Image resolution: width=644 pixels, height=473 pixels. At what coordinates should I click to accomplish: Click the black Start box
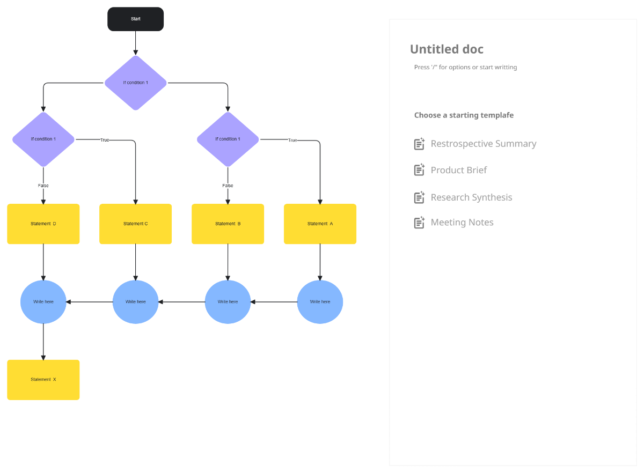135,19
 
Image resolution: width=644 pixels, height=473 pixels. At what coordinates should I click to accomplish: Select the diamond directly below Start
135,83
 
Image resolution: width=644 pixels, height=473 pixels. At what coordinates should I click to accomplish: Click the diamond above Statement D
43,139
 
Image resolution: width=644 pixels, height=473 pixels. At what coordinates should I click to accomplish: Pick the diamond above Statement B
228,139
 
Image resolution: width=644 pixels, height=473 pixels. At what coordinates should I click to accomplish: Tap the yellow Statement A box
320,224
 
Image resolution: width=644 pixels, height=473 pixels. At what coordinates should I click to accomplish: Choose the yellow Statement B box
228,224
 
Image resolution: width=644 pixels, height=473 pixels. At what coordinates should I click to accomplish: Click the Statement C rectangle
135,224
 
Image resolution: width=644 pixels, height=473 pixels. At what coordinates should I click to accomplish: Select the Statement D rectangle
43,224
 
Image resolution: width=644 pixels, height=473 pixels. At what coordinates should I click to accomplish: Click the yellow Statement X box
43,380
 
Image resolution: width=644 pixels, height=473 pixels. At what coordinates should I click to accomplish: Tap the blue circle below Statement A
320,302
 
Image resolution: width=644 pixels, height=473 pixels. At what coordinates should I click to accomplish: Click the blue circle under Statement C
135,302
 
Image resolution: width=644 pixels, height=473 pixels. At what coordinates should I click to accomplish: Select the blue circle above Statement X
43,302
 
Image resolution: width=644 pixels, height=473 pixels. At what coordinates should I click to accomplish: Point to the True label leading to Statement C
105,140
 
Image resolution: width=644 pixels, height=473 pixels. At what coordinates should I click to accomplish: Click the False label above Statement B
228,186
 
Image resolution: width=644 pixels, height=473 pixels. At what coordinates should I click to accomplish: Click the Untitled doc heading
447,49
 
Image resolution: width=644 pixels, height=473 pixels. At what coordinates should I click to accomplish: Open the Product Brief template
458,170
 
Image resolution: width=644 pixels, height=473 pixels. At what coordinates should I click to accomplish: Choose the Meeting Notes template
462,222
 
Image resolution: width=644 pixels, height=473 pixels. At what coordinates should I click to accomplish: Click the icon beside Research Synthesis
419,197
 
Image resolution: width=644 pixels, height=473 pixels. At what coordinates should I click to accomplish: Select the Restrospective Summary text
483,144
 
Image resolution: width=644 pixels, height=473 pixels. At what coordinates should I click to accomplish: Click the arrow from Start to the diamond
135,43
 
